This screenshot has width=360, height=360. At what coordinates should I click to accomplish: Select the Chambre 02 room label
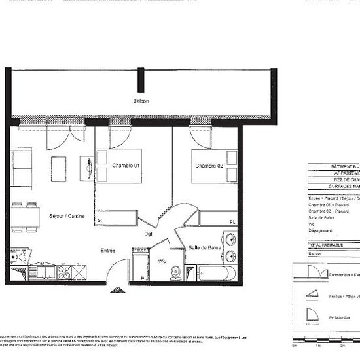[x=209, y=166]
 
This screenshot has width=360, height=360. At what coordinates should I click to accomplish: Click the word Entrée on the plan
[x=108, y=250]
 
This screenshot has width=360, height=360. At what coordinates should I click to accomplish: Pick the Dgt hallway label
[x=149, y=234]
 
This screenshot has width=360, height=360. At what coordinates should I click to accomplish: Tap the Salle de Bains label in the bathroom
[x=204, y=247]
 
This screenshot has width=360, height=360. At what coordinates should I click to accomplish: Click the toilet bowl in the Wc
[x=175, y=276]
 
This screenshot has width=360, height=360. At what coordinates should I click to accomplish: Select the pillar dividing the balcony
[x=139, y=81]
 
